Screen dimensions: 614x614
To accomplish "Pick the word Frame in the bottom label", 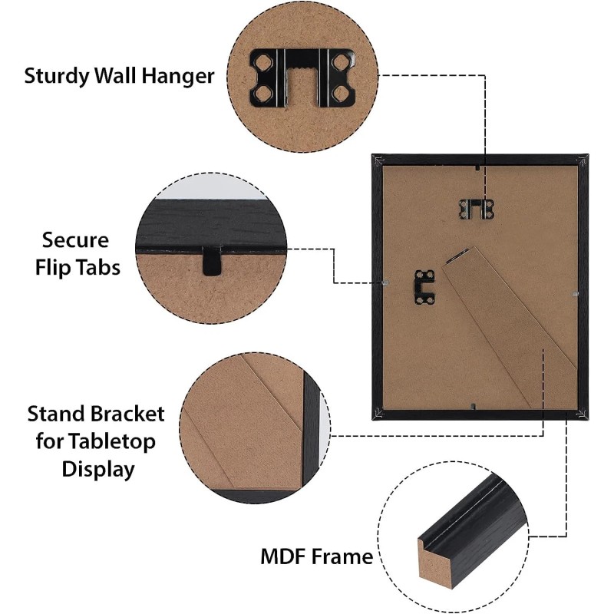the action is (342, 556).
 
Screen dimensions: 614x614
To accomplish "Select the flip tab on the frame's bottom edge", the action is (477, 407).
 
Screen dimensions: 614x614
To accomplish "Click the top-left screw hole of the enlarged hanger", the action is (263, 59).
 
